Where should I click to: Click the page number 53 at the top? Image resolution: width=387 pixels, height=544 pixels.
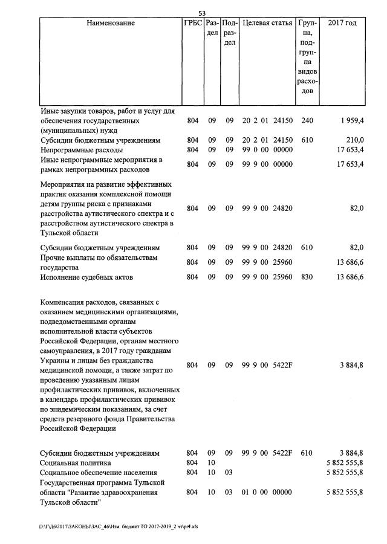pyautogui.click(x=203, y=13)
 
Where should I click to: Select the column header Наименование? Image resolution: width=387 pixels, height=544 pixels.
pyautogui.click(x=111, y=24)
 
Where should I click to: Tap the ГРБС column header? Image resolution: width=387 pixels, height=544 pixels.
pyautogui.click(x=192, y=24)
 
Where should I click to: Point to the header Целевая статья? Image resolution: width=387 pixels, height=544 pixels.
pyautogui.click(x=267, y=24)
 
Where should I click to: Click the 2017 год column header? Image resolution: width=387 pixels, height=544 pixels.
pyautogui.click(x=342, y=24)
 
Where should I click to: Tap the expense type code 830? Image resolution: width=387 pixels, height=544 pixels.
pyautogui.click(x=307, y=277)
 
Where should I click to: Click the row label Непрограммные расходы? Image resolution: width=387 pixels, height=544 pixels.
pyautogui.click(x=82, y=150)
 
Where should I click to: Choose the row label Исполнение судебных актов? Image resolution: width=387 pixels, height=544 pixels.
pyautogui.click(x=86, y=277)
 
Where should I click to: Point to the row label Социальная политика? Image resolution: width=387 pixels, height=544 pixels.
pyautogui.click(x=76, y=462)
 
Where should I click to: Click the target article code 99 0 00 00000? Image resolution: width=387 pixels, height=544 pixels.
pyautogui.click(x=267, y=150)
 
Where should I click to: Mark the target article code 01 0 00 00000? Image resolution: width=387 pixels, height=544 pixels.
pyautogui.click(x=267, y=493)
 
